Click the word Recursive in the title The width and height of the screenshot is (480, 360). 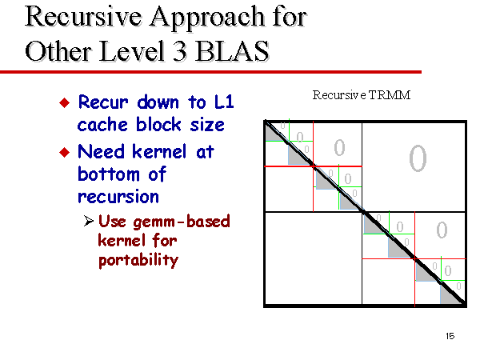click(x=83, y=17)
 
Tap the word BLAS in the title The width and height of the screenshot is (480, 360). click(x=232, y=51)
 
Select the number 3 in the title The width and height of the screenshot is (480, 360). click(x=180, y=51)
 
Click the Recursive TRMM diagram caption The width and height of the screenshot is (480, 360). click(x=362, y=95)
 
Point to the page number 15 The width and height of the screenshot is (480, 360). click(x=450, y=336)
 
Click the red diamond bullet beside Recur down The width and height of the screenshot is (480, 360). click(x=65, y=102)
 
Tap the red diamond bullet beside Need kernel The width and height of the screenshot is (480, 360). click(x=65, y=152)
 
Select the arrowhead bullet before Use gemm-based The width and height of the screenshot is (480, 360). click(x=89, y=221)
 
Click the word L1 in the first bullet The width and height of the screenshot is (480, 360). click(x=224, y=102)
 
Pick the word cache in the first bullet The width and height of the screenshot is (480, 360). click(x=102, y=125)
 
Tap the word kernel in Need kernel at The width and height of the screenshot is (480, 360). click(x=159, y=151)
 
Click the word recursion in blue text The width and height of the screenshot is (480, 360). click(x=118, y=197)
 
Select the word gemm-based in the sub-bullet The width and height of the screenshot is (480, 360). click(x=182, y=222)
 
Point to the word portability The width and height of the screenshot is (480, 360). click(x=138, y=260)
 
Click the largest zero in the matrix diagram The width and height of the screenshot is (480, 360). click(x=418, y=158)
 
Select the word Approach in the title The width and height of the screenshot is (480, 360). click(x=207, y=18)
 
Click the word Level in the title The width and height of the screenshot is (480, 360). click(x=133, y=51)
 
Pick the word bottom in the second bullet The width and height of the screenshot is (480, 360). click(x=109, y=174)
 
